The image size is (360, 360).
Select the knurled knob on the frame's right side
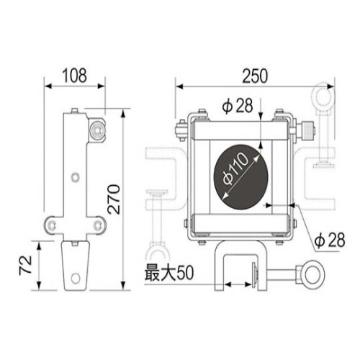[309, 132]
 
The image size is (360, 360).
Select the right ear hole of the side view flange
[95, 226]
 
